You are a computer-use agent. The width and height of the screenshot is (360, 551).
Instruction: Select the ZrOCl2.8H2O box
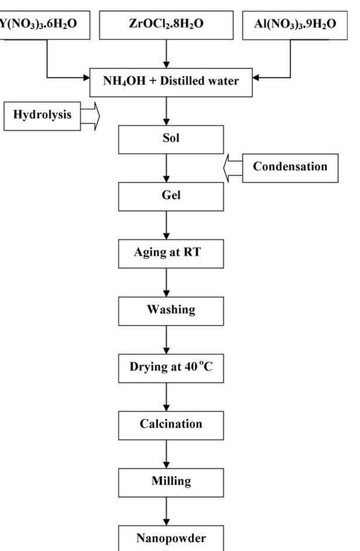(166, 24)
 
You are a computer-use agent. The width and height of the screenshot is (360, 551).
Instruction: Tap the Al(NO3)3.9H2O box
(295, 25)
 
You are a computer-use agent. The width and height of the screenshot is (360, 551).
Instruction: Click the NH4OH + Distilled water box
(171, 81)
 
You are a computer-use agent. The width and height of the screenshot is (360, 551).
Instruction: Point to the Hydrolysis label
(42, 115)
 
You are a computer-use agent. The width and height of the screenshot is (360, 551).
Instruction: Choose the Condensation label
(290, 167)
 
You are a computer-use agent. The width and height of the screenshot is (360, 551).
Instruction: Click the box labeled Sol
(171, 139)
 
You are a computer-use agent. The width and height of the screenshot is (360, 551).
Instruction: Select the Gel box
(171, 196)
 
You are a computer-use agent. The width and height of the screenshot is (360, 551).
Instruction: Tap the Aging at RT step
(171, 253)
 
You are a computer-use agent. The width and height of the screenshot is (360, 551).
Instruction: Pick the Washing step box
(171, 310)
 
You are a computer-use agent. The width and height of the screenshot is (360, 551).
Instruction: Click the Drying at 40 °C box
(171, 368)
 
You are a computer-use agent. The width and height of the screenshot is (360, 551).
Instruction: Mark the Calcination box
(171, 425)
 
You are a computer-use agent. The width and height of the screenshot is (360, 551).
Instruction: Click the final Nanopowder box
(171, 538)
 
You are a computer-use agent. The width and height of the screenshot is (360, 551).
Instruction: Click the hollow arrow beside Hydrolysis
(90, 116)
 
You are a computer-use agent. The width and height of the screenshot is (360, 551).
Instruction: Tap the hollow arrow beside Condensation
(233, 168)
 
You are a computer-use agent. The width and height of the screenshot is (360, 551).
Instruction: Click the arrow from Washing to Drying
(166, 339)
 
